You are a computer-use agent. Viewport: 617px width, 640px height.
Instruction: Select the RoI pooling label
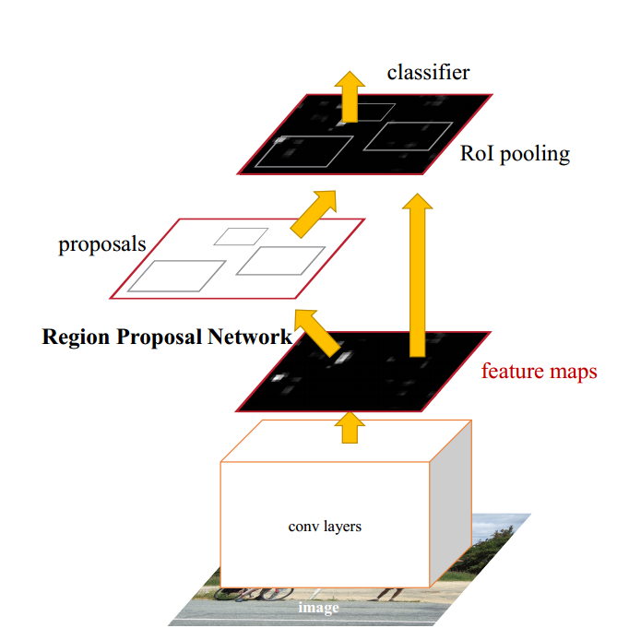pos(515,153)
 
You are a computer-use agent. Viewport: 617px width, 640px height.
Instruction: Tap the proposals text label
pos(102,244)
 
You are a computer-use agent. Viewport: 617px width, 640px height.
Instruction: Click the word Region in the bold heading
pos(76,337)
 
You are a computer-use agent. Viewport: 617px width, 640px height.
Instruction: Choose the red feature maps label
pos(539,372)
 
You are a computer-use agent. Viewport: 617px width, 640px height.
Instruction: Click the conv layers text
pos(325,527)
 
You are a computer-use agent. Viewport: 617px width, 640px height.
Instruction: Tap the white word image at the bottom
pos(317,609)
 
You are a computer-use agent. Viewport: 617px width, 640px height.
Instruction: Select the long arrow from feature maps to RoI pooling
pos(417,277)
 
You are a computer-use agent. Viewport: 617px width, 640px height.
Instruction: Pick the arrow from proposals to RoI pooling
pos(314,210)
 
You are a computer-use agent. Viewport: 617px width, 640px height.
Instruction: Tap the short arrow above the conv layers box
pos(349,426)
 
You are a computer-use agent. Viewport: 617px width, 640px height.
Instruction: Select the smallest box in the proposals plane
pos(241,236)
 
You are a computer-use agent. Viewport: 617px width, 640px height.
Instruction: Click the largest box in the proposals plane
pos(176,276)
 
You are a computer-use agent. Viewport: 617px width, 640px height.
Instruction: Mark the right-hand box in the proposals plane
pos(280,260)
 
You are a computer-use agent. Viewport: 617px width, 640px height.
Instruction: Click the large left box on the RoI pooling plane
pos(303,151)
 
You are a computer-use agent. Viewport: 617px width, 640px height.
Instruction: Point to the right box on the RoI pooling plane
pos(408,136)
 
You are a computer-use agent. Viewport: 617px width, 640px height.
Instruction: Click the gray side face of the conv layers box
pos(452,503)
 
